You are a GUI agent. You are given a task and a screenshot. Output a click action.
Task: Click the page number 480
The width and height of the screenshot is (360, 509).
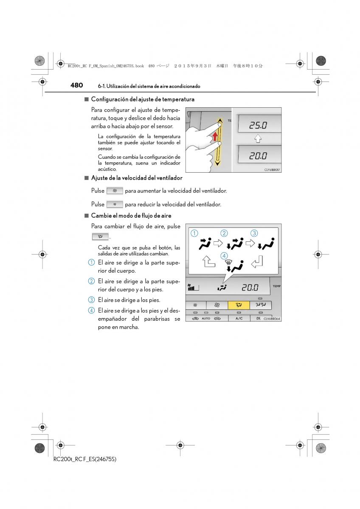[x=76, y=85]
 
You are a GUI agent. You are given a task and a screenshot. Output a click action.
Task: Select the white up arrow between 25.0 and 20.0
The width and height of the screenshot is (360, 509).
[x=258, y=139]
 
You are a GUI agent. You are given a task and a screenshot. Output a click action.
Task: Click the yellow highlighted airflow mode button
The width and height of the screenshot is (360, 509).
[x=239, y=305]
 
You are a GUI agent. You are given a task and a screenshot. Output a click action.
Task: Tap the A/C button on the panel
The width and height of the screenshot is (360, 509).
[x=239, y=318]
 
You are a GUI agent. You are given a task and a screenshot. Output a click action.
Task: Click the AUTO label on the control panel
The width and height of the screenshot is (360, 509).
[x=206, y=319]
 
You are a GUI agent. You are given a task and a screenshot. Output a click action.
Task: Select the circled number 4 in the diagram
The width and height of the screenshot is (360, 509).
[x=224, y=256]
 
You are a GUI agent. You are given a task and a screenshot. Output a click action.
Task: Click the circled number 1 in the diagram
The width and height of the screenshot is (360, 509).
[x=194, y=233]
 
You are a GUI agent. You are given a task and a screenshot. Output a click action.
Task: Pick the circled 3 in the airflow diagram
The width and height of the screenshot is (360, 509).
[x=254, y=233]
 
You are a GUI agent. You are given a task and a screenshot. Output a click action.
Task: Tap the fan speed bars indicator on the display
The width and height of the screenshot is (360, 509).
[x=194, y=287]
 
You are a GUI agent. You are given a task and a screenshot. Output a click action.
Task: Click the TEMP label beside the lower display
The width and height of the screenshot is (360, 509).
[x=277, y=286]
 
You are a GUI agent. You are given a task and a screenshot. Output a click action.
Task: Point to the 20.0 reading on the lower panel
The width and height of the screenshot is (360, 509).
[x=250, y=288]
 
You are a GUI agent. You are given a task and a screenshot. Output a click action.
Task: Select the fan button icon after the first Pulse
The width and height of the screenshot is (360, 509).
[x=115, y=191]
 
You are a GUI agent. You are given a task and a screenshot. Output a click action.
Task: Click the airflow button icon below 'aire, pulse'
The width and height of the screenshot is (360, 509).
[x=100, y=237]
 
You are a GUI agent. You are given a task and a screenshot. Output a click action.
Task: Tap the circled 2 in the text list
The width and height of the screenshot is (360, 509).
[x=91, y=281]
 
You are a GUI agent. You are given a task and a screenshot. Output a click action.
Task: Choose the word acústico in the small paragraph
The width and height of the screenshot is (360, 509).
[x=107, y=169]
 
